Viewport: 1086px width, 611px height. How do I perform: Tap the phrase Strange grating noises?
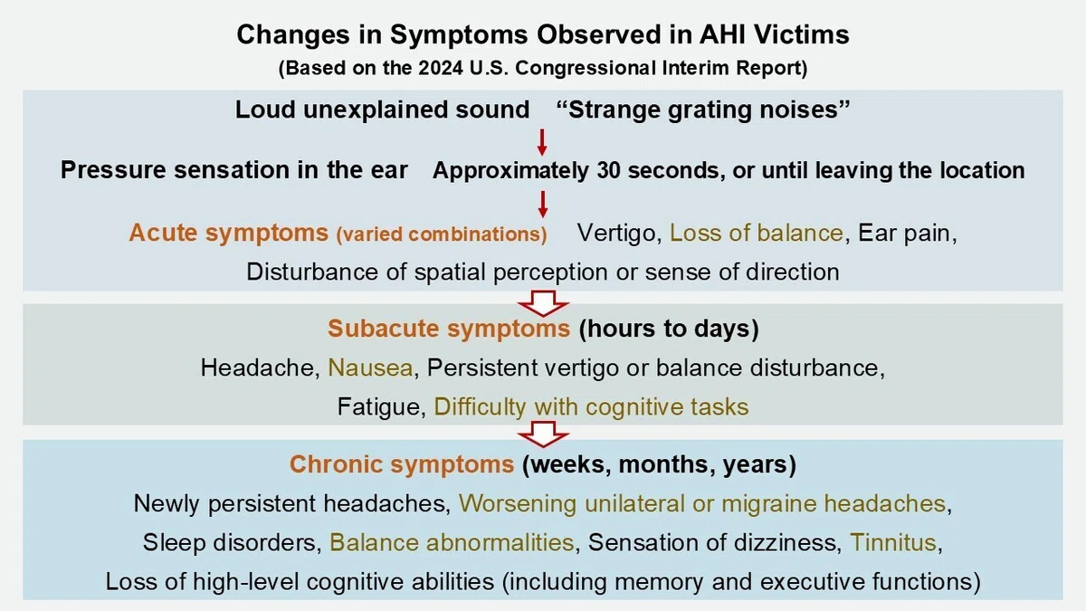point(703,110)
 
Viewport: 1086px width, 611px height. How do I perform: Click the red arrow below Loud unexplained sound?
point(542,142)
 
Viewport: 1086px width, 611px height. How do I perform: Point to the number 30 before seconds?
point(608,170)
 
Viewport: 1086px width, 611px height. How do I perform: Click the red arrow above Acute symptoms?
point(542,205)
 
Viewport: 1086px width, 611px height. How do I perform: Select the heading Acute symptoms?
point(228,233)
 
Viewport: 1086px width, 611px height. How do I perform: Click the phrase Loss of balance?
point(757,233)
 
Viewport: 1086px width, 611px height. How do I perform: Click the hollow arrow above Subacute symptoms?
point(543,303)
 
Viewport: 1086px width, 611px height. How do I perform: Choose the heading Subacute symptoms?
point(449,329)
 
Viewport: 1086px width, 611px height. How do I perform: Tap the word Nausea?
point(370,368)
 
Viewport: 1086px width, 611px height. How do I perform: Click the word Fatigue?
point(382,406)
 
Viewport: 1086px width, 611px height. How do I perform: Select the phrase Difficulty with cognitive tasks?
point(591,406)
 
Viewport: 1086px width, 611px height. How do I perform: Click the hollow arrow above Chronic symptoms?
point(543,434)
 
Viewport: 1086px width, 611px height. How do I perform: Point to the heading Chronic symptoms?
point(402,464)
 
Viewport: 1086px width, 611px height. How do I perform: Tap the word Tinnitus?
point(893,542)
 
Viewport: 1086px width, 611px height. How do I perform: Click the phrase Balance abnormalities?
point(452,542)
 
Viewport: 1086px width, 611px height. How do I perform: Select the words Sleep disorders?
point(233,542)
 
